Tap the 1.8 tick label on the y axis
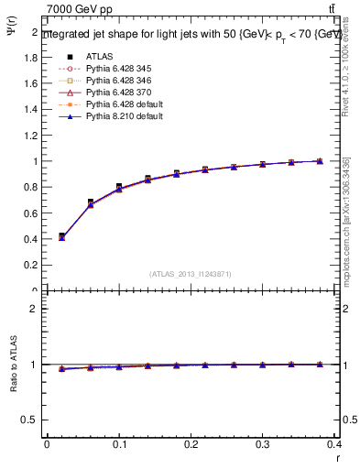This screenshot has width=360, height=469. [x=29, y=57]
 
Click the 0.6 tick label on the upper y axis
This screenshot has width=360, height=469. [x=29, y=213]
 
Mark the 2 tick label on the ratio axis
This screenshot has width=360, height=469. [x=34, y=309]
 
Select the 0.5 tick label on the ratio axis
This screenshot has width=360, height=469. [x=29, y=420]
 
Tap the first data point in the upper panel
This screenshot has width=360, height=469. [x=61, y=236]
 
